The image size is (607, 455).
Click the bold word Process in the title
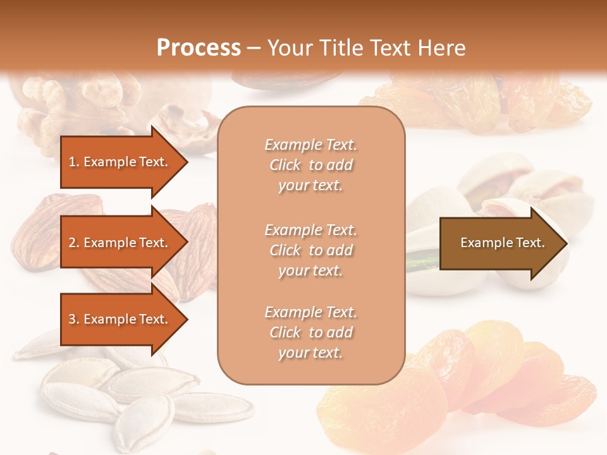point(199,48)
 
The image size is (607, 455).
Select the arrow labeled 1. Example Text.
point(120,162)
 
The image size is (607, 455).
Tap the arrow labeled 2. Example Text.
point(120,243)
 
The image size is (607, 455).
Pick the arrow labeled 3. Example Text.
point(120,319)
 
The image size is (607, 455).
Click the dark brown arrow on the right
point(500,243)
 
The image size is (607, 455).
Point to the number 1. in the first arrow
point(74,162)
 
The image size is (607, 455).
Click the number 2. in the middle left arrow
point(74,243)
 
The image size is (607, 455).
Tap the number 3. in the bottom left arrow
point(74,319)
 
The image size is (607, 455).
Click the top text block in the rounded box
point(310,165)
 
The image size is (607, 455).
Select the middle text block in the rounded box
point(310,250)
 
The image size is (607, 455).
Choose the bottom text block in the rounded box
point(310,332)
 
